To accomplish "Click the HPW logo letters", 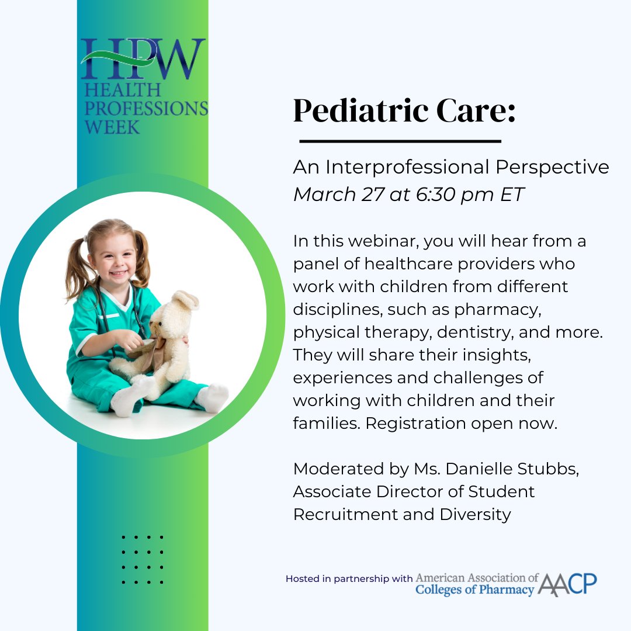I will point(143,58).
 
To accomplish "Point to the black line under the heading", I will point(400,141).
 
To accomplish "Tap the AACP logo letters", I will point(567,584).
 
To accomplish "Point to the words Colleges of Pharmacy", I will point(474,590).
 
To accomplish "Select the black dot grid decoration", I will point(143,559).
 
